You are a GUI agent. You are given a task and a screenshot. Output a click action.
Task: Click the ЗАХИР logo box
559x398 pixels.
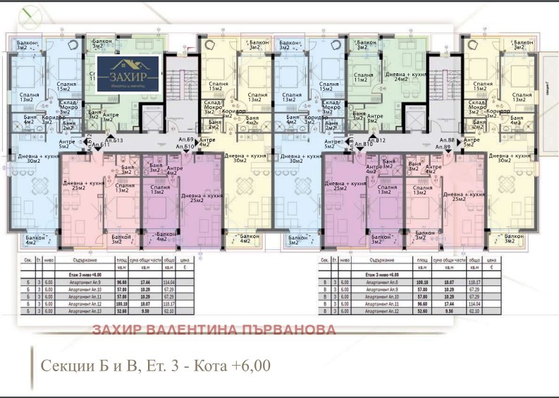coord(133,75)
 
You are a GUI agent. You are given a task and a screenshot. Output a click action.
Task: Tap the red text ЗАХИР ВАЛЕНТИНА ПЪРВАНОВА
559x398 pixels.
coord(214,330)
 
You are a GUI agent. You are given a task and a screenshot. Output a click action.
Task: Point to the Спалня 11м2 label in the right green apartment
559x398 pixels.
coord(364,77)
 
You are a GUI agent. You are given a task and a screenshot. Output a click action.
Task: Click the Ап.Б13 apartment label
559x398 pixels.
coord(114,141)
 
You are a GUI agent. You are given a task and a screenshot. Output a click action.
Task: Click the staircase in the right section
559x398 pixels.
coord(441,88)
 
